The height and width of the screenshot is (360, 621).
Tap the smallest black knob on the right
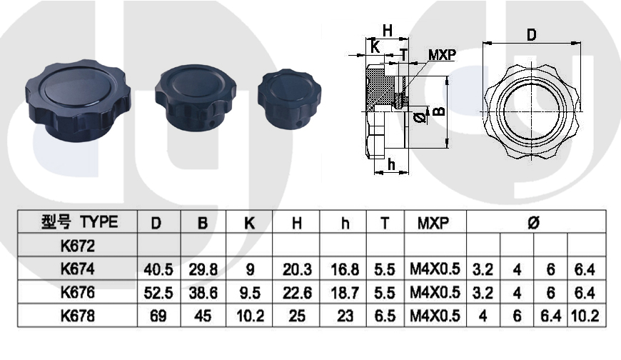[x=288, y=99]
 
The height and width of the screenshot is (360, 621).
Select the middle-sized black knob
[x=195, y=98]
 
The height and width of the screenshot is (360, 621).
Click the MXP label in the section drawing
[x=442, y=55]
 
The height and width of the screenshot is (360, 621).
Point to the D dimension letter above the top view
[x=532, y=35]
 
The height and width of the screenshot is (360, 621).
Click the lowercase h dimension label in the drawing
[x=391, y=164]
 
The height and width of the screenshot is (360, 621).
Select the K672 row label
[x=78, y=246]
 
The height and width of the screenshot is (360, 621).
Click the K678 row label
[x=78, y=316]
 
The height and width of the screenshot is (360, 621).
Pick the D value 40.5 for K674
[x=158, y=269]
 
